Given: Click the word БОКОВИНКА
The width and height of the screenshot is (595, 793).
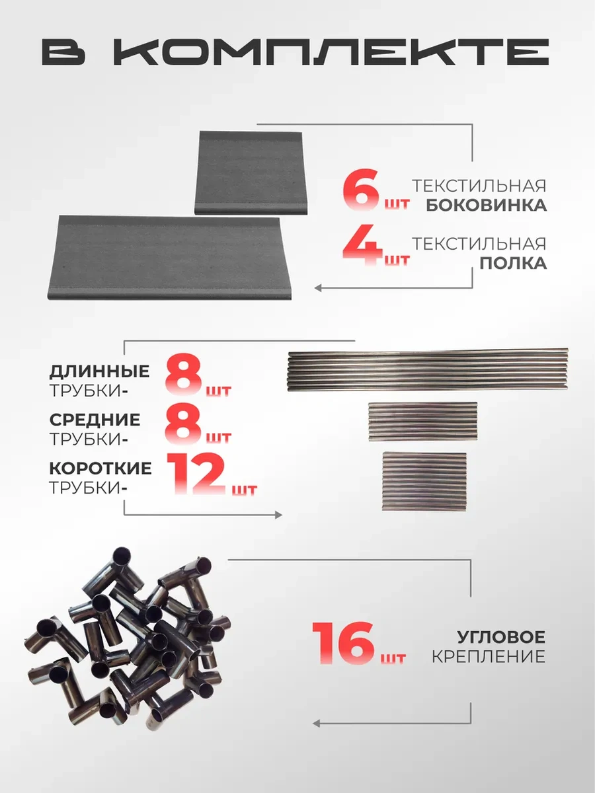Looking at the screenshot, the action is (487, 206).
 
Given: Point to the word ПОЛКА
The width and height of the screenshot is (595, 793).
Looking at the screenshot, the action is (513, 264).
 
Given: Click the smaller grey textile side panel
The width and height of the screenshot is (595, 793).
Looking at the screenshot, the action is (251, 172).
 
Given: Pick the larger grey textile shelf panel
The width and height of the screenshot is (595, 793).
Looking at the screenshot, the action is (169, 258).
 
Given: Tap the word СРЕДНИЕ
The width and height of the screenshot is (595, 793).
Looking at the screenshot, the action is (95, 420).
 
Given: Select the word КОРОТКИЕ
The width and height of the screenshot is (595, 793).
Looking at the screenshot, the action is (100, 469).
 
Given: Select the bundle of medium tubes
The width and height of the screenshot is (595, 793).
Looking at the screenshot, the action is (422, 422).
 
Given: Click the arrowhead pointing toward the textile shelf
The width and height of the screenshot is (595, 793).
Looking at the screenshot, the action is (318, 288).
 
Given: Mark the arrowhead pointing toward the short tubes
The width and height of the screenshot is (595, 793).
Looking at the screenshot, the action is (278, 515).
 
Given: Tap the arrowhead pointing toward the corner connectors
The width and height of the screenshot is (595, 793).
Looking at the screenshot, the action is (317, 713).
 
